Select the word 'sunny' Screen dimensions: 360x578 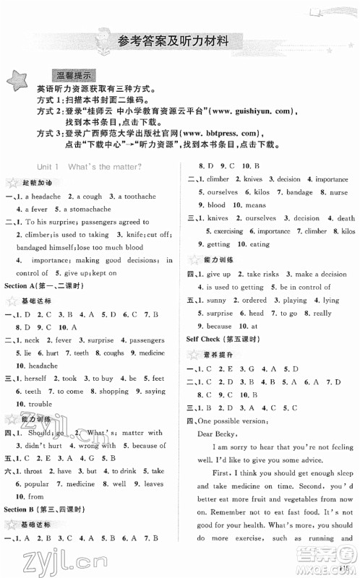click(217, 299)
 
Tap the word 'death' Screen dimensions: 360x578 click(346, 217)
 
